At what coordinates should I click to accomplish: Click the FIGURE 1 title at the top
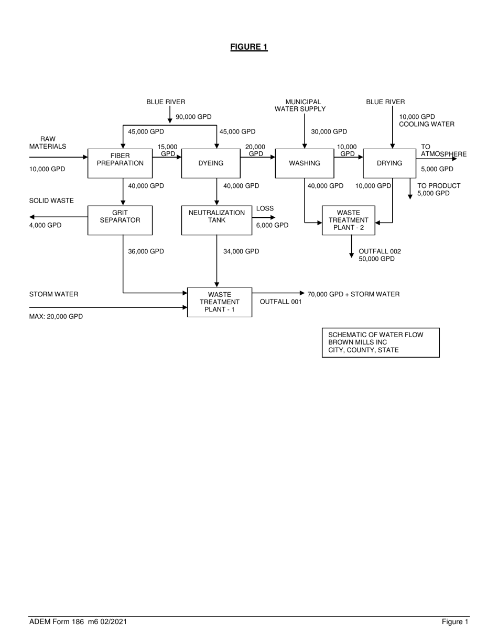249,47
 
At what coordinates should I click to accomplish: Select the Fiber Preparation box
120,163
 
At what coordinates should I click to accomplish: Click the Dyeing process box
211,163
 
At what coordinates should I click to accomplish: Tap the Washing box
305,163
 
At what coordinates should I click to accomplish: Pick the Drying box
389,163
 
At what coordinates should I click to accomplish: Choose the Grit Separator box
120,220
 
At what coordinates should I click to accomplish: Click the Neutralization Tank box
216,220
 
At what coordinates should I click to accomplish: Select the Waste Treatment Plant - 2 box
349,220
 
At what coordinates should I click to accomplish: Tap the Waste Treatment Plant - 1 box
219,302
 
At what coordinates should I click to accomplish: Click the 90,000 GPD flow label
193,117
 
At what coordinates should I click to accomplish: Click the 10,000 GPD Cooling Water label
426,120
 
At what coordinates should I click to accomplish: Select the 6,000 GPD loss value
272,225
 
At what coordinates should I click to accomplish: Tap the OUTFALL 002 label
380,251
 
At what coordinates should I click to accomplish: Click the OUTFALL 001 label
280,302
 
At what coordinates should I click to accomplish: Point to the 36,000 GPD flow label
146,251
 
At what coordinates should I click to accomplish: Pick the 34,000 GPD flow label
241,251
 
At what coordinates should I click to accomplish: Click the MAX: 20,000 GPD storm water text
56,316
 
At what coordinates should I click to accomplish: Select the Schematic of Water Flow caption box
381,342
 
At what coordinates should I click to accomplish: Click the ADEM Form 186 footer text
78,622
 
